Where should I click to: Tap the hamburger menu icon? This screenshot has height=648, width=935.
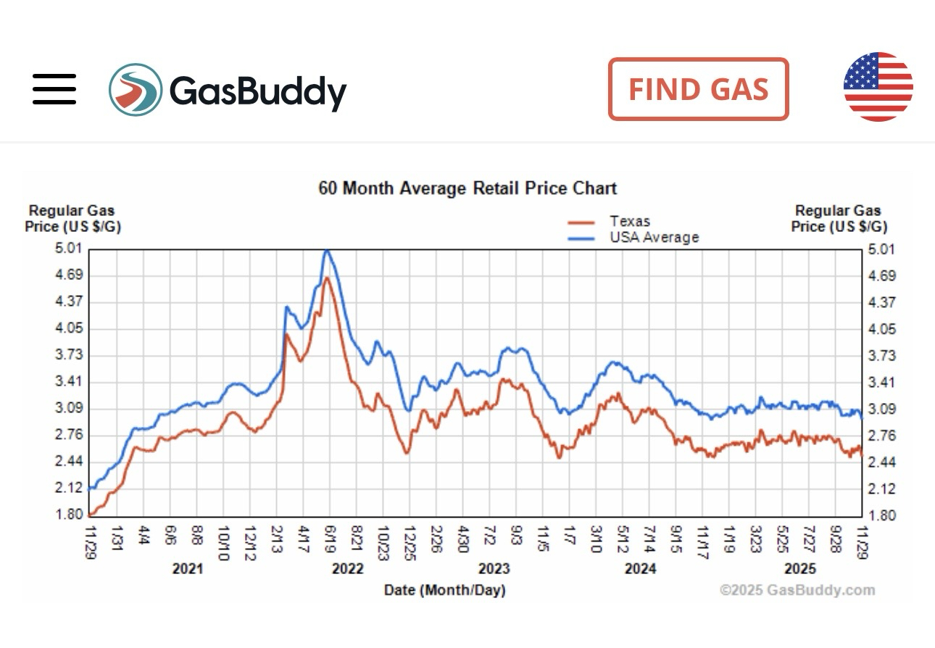pyautogui.click(x=54, y=88)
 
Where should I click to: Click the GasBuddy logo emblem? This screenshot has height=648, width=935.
pyautogui.click(x=136, y=88)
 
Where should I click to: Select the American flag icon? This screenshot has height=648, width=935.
pyautogui.click(x=878, y=87)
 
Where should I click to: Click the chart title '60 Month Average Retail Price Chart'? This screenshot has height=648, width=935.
pyautogui.click(x=467, y=188)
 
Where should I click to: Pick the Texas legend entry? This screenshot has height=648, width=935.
pyautogui.click(x=629, y=222)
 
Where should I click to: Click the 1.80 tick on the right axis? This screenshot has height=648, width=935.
pyautogui.click(x=881, y=516)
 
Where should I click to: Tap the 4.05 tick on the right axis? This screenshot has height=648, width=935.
pyautogui.click(x=881, y=329)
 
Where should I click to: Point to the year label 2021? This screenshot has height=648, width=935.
pyautogui.click(x=188, y=569)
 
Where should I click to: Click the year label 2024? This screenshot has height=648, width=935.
pyautogui.click(x=640, y=569)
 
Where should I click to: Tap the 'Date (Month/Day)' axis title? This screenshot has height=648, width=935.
pyautogui.click(x=444, y=590)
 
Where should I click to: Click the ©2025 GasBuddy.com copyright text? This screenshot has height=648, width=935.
pyautogui.click(x=797, y=590)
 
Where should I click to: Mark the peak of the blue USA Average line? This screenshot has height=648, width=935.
pyautogui.click(x=327, y=251)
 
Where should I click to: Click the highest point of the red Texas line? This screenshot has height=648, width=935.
pyautogui.click(x=328, y=278)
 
